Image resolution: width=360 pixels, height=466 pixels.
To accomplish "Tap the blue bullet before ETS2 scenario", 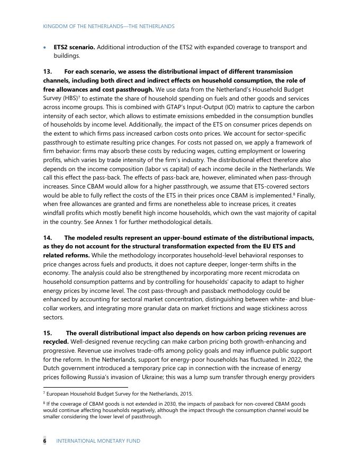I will (45, 48).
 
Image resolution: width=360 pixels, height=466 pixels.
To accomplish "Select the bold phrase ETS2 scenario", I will (74, 47).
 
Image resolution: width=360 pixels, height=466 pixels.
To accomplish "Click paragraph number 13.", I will (48, 71).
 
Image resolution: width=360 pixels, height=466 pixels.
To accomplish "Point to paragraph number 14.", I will (48, 238).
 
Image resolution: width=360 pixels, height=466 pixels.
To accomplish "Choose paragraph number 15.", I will (48, 333).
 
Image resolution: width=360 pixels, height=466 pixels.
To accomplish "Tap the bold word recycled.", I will (56, 342).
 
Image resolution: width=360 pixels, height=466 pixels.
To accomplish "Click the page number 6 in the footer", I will (45, 441).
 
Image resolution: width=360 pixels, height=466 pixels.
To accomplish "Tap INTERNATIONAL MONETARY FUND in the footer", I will (98, 441).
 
